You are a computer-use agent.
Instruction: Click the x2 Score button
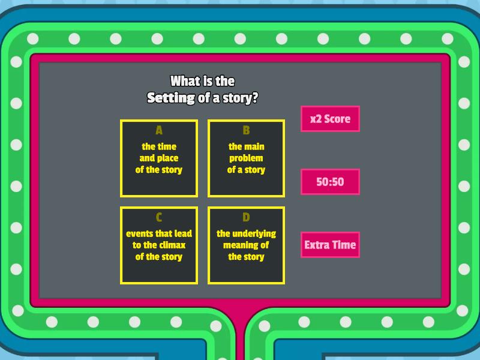click(330, 119)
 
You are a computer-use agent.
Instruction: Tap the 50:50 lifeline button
click(330, 182)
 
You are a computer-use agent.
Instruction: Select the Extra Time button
click(330, 245)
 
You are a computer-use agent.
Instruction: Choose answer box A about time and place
click(159, 158)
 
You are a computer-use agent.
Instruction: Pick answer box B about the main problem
click(246, 158)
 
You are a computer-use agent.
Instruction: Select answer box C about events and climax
click(159, 245)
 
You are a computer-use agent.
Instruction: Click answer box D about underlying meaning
click(246, 245)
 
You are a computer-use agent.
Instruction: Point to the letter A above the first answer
click(159, 130)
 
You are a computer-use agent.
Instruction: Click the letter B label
click(246, 130)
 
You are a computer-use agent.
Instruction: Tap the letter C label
click(159, 217)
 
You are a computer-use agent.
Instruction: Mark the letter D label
click(246, 217)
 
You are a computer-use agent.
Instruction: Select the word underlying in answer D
click(254, 233)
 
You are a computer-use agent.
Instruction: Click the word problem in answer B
click(246, 158)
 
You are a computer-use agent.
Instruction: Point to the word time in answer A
click(167, 146)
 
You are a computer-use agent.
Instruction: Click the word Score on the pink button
click(337, 119)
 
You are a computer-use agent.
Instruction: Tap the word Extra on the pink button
click(316, 245)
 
